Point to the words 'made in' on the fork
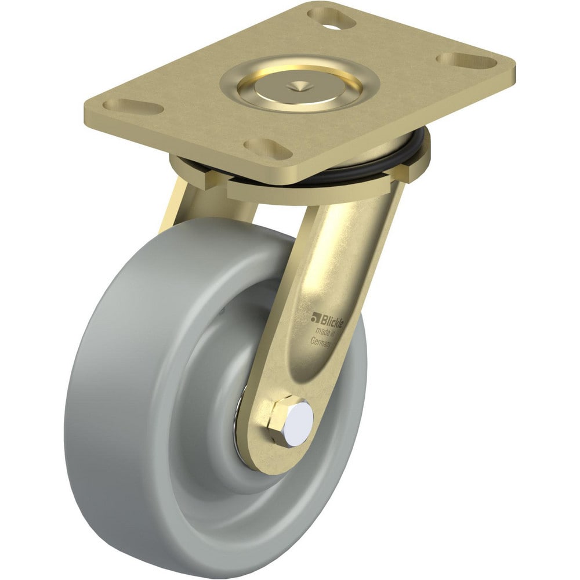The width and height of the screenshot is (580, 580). pos(327,332)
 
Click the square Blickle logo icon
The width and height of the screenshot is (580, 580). pos(316,317)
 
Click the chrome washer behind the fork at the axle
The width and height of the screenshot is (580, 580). pos(239,426)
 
